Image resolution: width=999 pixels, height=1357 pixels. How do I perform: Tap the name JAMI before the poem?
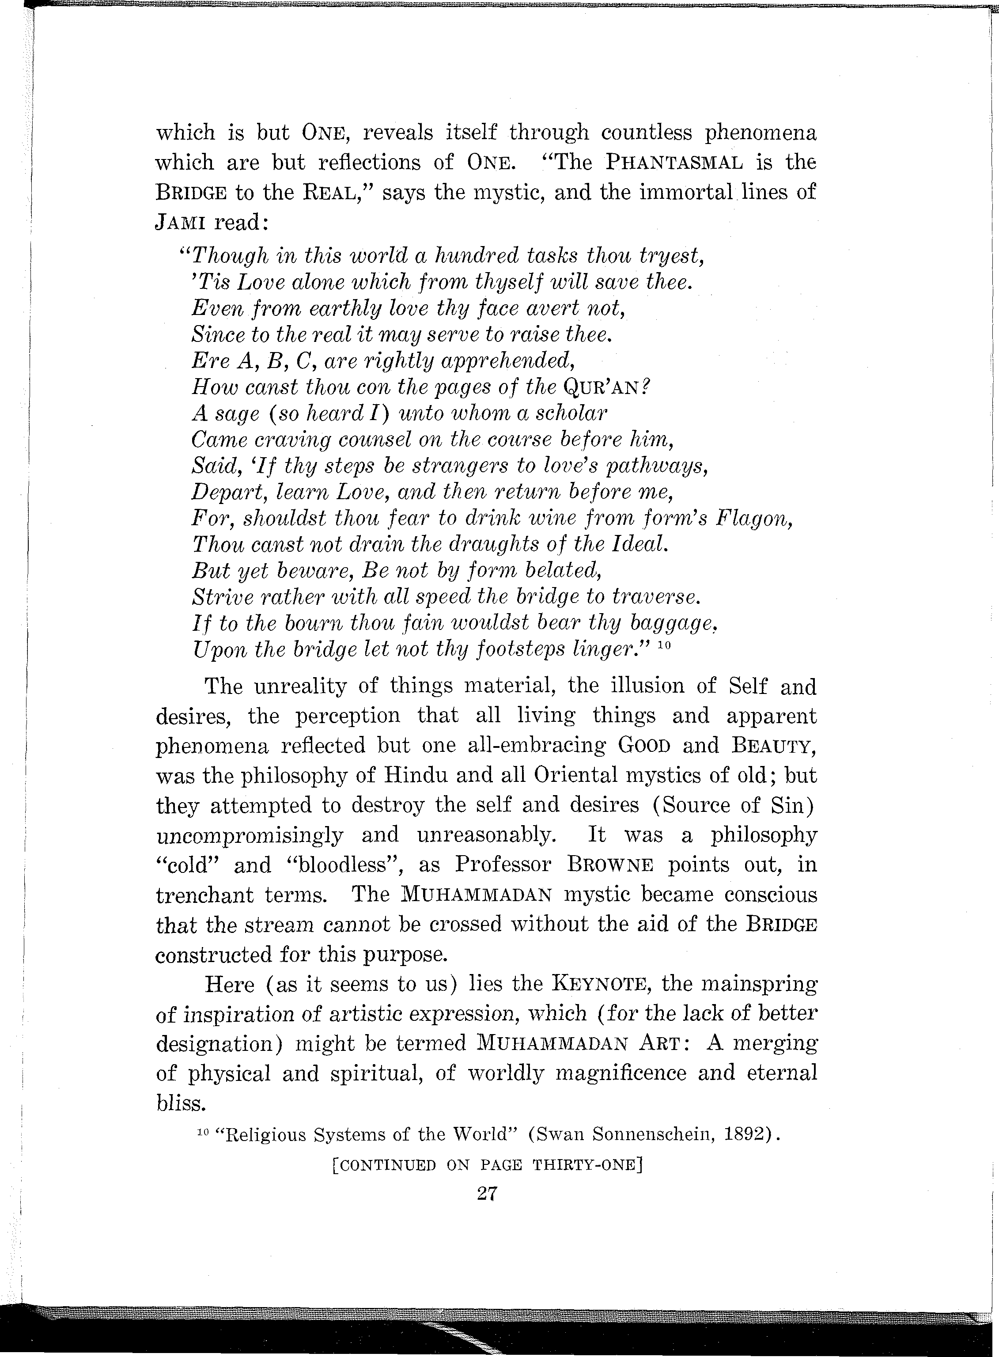182,222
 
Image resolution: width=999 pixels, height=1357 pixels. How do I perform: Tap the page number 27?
487,1193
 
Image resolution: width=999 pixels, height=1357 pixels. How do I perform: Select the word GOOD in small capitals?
643,746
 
